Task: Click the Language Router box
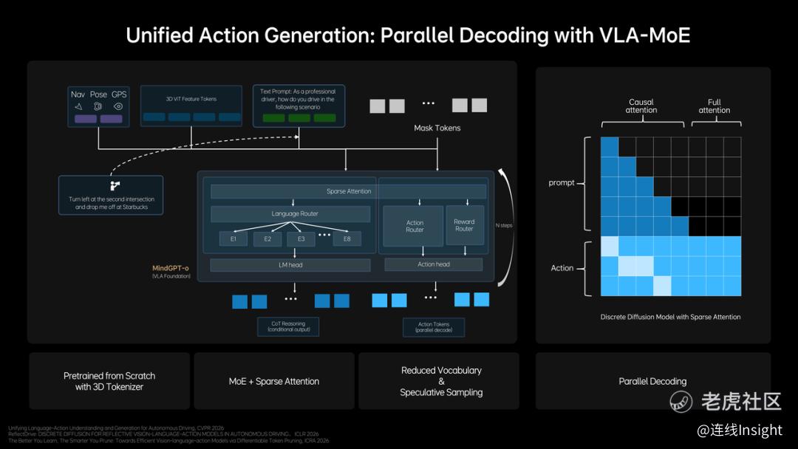[x=290, y=214]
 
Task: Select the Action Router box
[x=415, y=225]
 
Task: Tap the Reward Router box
[x=464, y=224]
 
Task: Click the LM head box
[x=290, y=265]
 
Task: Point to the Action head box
[x=433, y=264]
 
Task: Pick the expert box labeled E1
[x=233, y=239]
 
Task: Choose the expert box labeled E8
[x=347, y=239]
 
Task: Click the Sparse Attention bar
[x=348, y=191]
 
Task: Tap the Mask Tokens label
[x=437, y=128]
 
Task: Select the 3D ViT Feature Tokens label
[x=191, y=98]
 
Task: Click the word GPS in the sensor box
[x=119, y=95]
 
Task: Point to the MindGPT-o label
[x=171, y=267]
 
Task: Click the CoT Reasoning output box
[x=287, y=326]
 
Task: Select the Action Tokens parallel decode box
[x=434, y=327]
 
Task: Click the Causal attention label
[x=641, y=106]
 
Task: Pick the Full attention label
[x=714, y=106]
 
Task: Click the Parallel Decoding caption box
[x=652, y=381]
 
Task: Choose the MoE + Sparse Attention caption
[x=274, y=381]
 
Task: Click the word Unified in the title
[x=162, y=35]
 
